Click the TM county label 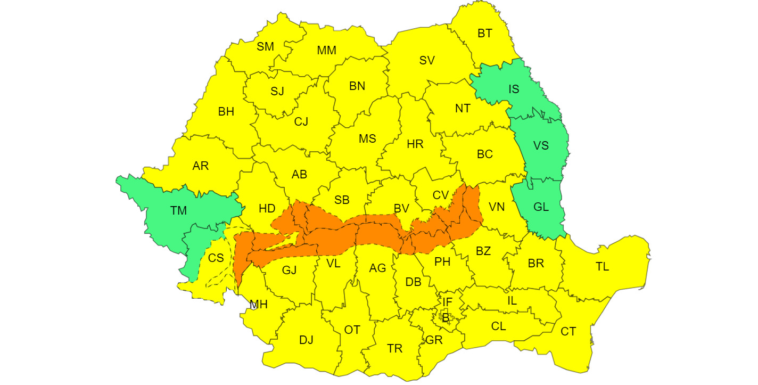[179, 211]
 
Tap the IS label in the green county [514, 89]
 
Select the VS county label [541, 146]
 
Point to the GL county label [541, 207]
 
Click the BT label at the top [485, 34]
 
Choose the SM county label [265, 47]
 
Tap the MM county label [326, 51]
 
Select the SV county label [427, 61]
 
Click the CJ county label [301, 122]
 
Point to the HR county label [415, 144]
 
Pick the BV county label [401, 208]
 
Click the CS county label [216, 258]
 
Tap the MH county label [259, 305]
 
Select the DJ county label [306, 340]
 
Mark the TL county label [602, 267]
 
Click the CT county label [568, 332]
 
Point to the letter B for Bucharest [446, 318]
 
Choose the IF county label [447, 302]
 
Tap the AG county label [377, 268]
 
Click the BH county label [226, 112]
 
